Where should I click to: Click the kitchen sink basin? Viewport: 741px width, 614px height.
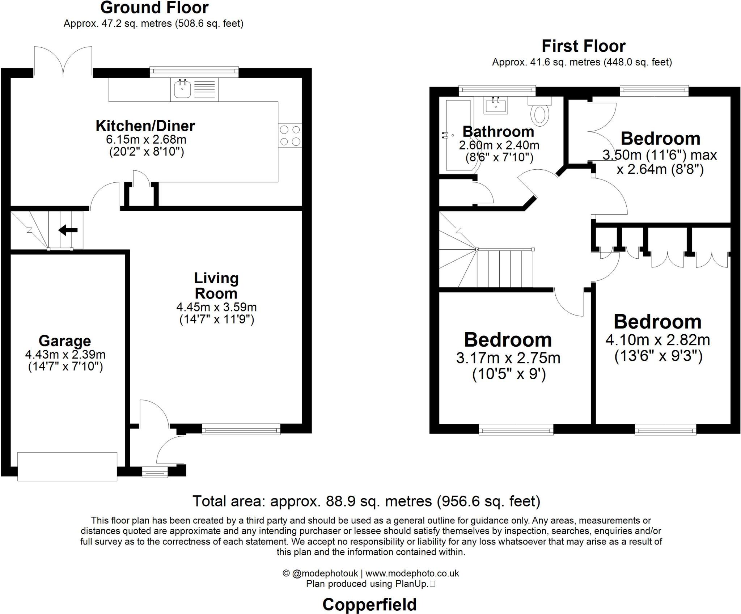pos(182,89)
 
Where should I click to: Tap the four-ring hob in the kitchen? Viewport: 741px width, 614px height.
pos(290,135)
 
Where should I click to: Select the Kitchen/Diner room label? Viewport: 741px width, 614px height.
pos(145,126)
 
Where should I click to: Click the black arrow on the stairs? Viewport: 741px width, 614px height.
pos(68,229)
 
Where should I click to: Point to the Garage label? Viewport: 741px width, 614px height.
pos(65,340)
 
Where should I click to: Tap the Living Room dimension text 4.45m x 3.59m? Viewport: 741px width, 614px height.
pos(216,307)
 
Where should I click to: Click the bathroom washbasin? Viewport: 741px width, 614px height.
pos(495,105)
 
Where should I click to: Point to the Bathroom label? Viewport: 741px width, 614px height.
pos(498,131)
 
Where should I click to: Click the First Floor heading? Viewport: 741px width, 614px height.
pos(583,46)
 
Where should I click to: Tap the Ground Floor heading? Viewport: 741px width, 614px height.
pos(154,8)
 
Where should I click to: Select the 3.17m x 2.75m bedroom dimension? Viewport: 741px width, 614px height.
pos(508,358)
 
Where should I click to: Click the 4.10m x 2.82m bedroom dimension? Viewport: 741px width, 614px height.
pos(657,340)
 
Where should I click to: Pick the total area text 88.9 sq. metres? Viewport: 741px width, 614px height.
pos(366,501)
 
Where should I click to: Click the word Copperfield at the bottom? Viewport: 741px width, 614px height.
pos(369,604)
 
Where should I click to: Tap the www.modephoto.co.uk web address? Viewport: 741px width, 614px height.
pos(412,573)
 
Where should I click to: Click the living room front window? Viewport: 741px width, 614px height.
pos(241,430)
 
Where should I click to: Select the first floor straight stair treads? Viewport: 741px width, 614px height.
pos(505,268)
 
